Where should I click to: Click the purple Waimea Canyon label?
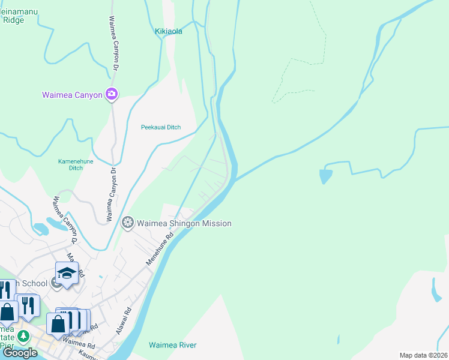tap(73, 95)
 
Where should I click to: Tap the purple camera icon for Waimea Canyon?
tap(112, 94)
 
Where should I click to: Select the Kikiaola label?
tap(168, 31)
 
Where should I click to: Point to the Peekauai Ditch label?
tap(160, 127)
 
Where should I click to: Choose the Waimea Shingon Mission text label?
tap(184, 223)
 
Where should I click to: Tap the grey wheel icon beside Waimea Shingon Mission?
tap(127, 223)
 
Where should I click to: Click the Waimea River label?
tap(172, 345)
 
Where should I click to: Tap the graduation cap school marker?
tap(67, 274)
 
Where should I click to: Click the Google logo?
tap(20, 352)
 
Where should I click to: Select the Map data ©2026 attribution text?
tap(423, 355)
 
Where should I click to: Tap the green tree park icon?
tap(23, 336)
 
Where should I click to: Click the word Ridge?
tap(13, 20)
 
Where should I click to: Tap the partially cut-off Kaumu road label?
tap(88, 356)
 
